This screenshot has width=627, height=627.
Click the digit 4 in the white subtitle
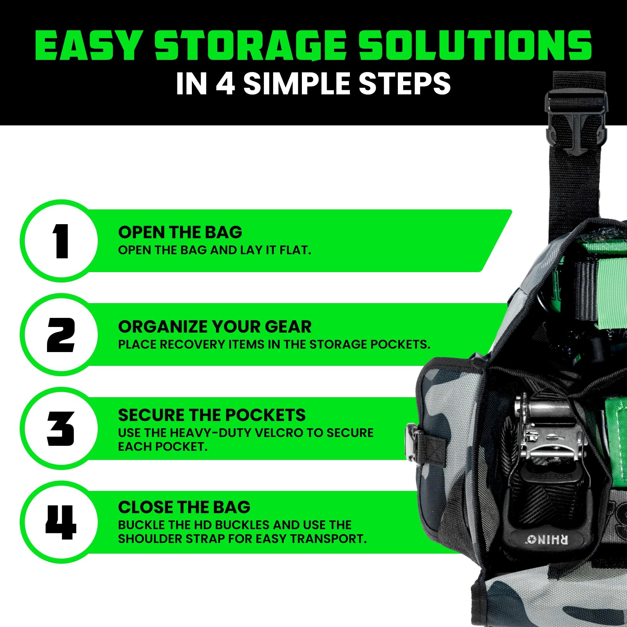[x=225, y=83]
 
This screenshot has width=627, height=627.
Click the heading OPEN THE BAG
[x=180, y=232]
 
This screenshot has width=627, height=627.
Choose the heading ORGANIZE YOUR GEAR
[x=214, y=326]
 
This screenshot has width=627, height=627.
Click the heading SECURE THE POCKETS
[x=212, y=415]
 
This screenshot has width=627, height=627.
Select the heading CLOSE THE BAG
[x=184, y=507]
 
